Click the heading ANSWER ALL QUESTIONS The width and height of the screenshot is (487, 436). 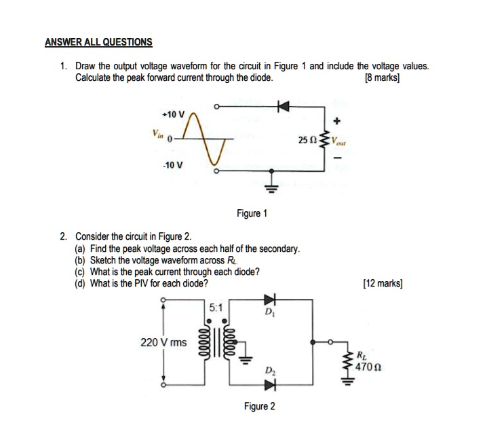[98, 42]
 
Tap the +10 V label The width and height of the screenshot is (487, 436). [174, 113]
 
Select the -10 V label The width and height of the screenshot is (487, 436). [174, 165]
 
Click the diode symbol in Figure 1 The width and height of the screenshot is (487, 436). [284, 106]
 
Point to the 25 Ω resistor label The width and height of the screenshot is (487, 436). [307, 141]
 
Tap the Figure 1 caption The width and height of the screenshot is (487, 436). [252, 213]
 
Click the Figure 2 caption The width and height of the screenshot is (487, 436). [260, 406]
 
